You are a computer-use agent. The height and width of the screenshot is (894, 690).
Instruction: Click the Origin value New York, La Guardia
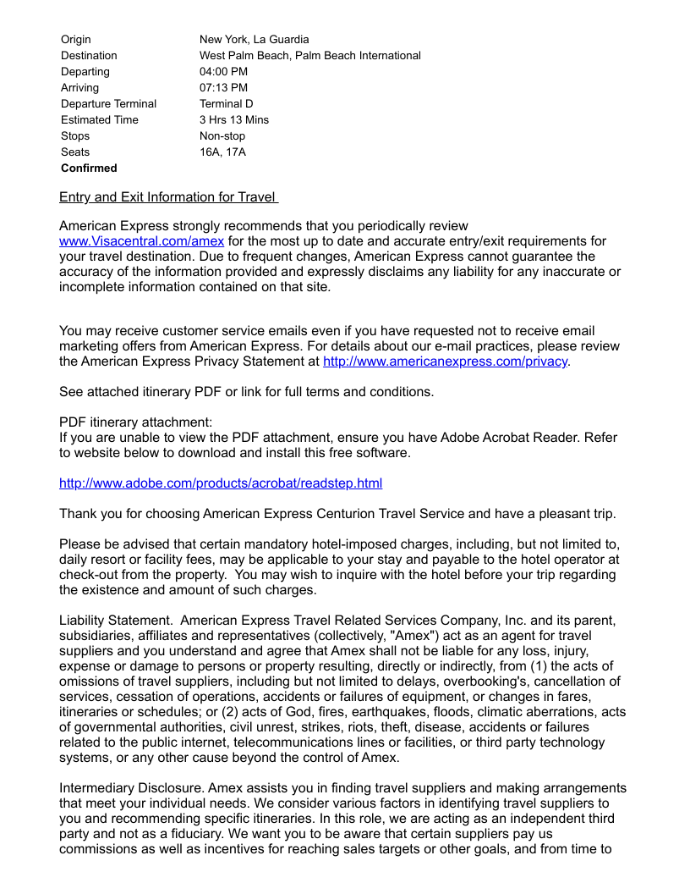click(x=254, y=39)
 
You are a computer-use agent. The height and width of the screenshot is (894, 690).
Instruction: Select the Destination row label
click(x=89, y=55)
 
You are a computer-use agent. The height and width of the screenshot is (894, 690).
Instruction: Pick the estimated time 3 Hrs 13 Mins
click(x=234, y=119)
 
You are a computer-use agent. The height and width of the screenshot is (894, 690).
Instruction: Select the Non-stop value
click(x=222, y=135)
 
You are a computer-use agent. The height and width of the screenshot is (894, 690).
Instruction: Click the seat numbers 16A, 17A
click(x=222, y=152)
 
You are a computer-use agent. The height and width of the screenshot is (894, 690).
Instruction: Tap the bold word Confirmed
click(x=89, y=168)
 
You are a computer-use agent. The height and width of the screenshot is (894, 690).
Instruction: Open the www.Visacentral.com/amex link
click(x=141, y=241)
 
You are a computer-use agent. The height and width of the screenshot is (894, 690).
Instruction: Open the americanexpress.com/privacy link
click(x=446, y=361)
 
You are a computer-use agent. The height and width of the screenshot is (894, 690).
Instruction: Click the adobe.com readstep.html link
click(x=220, y=483)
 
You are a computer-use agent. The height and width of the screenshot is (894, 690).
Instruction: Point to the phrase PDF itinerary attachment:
click(x=135, y=422)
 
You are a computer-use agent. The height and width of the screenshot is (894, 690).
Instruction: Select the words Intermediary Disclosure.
click(x=131, y=788)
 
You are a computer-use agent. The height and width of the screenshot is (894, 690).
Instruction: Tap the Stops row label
click(x=75, y=135)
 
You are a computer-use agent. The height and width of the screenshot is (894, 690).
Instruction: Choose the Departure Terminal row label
click(x=108, y=103)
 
